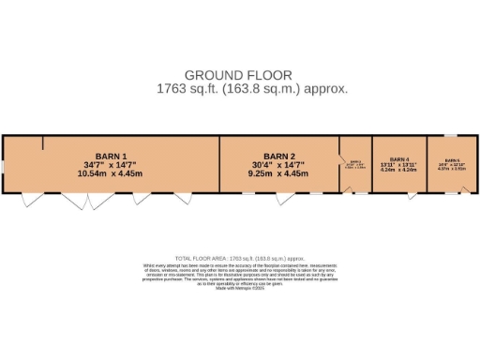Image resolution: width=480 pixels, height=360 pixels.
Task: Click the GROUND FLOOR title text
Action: click(x=238, y=75)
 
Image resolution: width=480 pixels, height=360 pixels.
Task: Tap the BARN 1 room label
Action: click(x=111, y=156)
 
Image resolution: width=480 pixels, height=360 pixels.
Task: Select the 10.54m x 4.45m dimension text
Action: click(x=111, y=173)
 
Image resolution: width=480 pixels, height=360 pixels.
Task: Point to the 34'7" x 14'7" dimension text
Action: click(x=111, y=165)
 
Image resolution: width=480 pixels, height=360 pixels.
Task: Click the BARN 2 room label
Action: click(x=279, y=156)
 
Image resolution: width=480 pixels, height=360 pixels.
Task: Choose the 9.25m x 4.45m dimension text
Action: click(x=279, y=173)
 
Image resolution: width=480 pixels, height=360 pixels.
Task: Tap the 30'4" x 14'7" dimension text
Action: click(x=279, y=165)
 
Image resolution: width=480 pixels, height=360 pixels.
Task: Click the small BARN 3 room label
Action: click(x=355, y=161)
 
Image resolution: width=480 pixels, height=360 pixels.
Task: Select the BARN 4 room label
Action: click(x=400, y=159)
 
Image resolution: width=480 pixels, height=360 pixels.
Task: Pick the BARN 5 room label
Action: click(x=452, y=160)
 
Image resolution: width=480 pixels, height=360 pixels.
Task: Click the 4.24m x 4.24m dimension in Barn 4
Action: click(x=400, y=171)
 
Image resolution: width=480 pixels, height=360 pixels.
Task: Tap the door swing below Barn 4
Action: click(x=412, y=196)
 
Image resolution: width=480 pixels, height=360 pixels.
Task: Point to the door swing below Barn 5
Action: click(x=466, y=194)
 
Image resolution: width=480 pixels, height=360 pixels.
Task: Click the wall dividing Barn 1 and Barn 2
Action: click(x=219, y=164)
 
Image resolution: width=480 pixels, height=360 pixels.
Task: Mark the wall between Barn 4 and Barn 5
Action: click(x=427, y=164)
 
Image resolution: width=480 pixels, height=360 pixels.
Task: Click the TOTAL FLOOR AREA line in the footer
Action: click(x=240, y=258)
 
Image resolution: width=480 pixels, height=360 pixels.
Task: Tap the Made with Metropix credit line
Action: click(x=240, y=288)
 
